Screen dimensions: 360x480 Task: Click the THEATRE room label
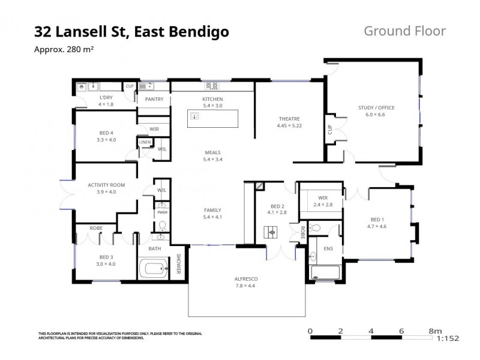(289, 118)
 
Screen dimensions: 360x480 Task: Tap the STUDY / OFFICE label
(376, 107)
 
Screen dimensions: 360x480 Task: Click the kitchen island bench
(213, 118)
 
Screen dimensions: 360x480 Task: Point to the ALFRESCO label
(245, 278)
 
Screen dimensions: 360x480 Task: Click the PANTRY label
(154, 99)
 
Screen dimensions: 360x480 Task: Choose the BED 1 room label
(377, 219)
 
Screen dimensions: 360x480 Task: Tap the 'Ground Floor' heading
(404, 31)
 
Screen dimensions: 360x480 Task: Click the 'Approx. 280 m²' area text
(63, 50)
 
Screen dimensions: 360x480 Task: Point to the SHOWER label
(178, 265)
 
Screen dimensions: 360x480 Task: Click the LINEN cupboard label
(145, 142)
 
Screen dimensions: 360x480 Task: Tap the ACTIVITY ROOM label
(106, 185)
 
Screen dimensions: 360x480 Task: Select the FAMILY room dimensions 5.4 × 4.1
(213, 217)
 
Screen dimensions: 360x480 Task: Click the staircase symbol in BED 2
(271, 230)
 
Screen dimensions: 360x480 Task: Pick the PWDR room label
(161, 212)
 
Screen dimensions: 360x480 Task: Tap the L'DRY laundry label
(106, 97)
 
